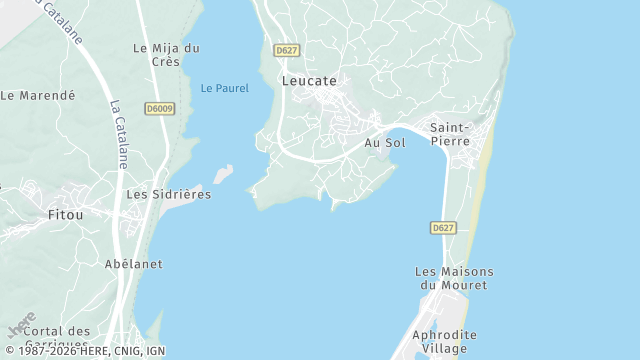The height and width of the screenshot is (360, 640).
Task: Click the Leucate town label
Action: click(x=309, y=81)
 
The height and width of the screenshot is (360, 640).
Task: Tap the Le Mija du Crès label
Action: click(x=166, y=54)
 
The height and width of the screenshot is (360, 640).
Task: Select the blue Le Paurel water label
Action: click(x=224, y=88)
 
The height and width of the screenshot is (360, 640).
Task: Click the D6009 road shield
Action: click(x=159, y=108)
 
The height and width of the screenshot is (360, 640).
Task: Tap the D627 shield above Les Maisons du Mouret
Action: click(x=444, y=228)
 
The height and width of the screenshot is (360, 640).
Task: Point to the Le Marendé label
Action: click(x=38, y=96)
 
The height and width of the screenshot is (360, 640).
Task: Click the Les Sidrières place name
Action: click(x=169, y=194)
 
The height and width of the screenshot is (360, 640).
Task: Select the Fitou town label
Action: click(x=66, y=214)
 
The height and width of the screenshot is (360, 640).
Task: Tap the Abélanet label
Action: click(x=133, y=264)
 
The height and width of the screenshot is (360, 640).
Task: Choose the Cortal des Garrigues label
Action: click(x=57, y=337)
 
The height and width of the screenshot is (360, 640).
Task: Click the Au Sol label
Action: click(x=384, y=143)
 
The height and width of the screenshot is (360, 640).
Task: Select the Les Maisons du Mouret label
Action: click(x=454, y=278)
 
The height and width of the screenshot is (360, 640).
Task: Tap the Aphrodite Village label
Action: click(x=444, y=341)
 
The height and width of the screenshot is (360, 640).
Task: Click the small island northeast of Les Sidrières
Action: click(x=223, y=173)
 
